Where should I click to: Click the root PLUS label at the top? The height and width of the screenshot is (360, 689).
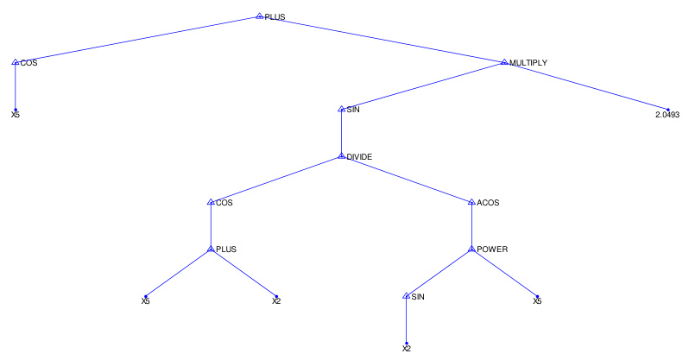coord(275,16)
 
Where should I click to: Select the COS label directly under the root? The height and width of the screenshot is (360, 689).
coord(28,63)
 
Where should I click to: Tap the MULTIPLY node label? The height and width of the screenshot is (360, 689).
coord(528,62)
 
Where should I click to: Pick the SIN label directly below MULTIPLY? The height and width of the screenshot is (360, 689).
coord(353,110)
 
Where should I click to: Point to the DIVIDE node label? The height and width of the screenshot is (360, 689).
coord(358,156)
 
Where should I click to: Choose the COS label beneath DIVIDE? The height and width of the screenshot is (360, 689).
coord(224,203)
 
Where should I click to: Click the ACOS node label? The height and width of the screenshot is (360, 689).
coord(488,203)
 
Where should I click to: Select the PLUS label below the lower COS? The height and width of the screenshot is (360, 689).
coord(225,249)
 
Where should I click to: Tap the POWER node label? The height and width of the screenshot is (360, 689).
coord(492,249)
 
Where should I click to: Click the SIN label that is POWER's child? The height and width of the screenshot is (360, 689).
coord(418,297)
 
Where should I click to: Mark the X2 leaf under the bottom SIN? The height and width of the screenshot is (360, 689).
coord(407,349)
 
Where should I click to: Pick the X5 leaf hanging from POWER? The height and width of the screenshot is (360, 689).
coord(537,301)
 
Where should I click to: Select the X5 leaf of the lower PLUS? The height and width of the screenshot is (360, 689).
coord(146,301)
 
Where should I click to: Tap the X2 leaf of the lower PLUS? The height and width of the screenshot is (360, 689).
coord(276,301)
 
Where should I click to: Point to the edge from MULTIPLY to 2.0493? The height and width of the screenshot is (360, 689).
coord(585,86)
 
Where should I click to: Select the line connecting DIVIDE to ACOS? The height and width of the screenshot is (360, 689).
coord(406,180)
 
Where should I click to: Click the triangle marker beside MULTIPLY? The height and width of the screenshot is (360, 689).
coord(504,62)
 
